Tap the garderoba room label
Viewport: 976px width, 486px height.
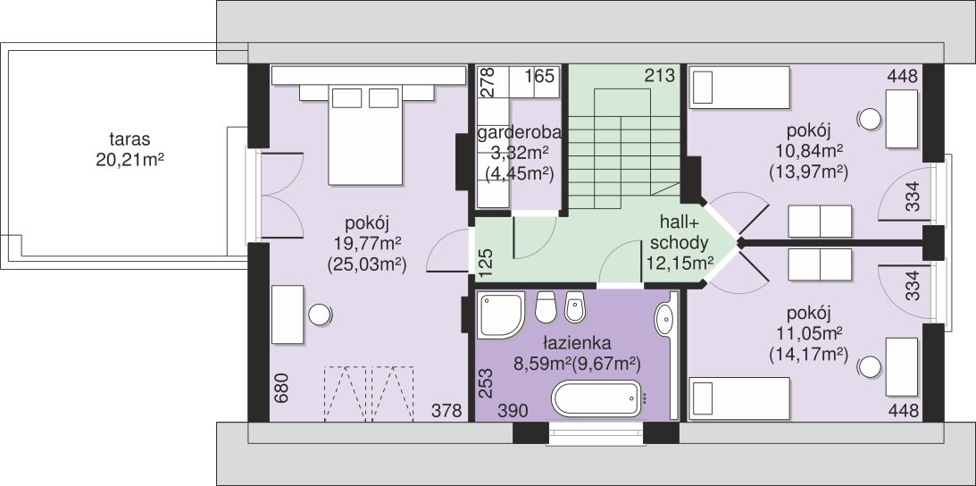pos(519,133)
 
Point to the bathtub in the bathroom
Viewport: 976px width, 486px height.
pos(596,398)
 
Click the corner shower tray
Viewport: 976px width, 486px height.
pos(500,315)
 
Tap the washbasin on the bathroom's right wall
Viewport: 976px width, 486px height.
pos(663,319)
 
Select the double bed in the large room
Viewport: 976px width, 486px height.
pos(364,135)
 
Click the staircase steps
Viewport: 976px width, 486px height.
pos(623,148)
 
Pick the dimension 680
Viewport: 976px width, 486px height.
pos(282,388)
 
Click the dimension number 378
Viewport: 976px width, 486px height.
pos(447,411)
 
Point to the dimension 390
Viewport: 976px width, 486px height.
pos(513,411)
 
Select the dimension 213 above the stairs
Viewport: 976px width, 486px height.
pos(660,76)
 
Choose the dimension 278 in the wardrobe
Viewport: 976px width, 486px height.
pos(488,80)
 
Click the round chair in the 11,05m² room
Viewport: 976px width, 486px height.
pos(869,367)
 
